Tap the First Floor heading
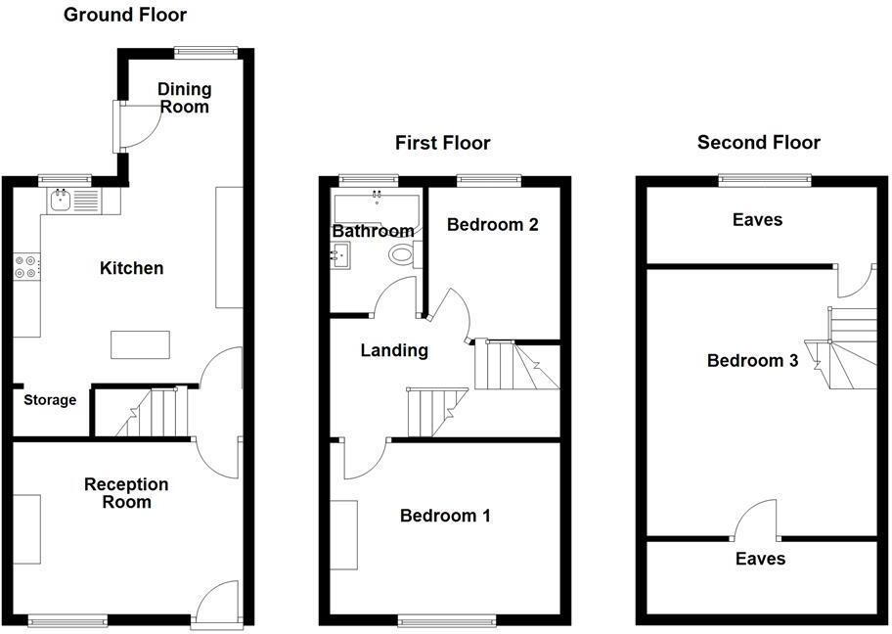442,143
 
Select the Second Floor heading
758,143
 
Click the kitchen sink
62,203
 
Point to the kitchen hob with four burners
26,267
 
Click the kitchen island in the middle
134,345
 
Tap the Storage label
50,400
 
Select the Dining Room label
184,98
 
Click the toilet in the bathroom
402,254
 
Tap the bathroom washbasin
342,257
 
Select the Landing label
394,350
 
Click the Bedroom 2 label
492,224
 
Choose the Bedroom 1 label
445,516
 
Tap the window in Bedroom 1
446,619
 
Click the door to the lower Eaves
756,521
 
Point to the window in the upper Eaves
765,179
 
